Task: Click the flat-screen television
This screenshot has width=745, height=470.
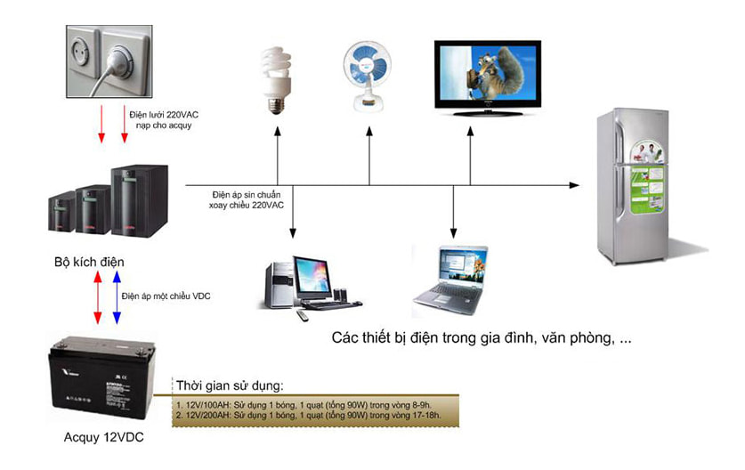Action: coord(487,77)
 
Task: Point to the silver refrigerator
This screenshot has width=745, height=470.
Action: coord(632,185)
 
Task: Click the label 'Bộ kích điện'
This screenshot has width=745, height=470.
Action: coord(88,263)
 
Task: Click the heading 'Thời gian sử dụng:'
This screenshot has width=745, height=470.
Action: coord(231,385)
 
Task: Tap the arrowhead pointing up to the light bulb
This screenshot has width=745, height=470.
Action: coord(278,131)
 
